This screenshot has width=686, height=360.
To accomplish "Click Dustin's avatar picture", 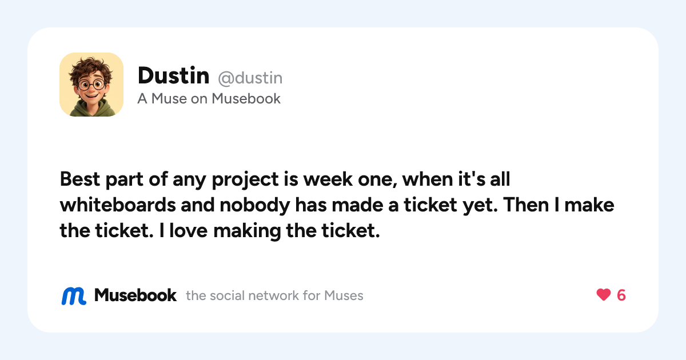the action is click(91, 85).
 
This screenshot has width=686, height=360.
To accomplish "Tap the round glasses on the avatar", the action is click(91, 85).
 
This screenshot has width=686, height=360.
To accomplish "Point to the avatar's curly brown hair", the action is click(91, 67).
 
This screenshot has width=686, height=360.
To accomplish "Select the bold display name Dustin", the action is click(174, 75).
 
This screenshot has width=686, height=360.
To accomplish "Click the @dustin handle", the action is click(250, 78).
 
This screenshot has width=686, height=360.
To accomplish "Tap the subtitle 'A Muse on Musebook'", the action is click(209, 99).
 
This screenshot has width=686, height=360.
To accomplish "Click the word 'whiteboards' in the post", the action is click(118, 205).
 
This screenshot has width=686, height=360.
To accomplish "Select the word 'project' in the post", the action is click(245, 179).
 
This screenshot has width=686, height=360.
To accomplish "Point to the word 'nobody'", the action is click(255, 205).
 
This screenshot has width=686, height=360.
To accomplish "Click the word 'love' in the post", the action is click(188, 230).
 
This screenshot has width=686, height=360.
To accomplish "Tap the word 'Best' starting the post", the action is click(79, 179).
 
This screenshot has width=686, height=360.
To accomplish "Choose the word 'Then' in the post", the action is click(526, 205).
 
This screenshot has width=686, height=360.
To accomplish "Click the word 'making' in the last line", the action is click(247, 231).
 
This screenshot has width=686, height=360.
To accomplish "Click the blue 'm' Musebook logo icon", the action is click(74, 296).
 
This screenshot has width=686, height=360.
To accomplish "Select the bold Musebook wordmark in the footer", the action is click(135, 295).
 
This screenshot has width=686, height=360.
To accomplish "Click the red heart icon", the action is click(604, 295).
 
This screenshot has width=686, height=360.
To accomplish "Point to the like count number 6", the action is click(621, 295).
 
